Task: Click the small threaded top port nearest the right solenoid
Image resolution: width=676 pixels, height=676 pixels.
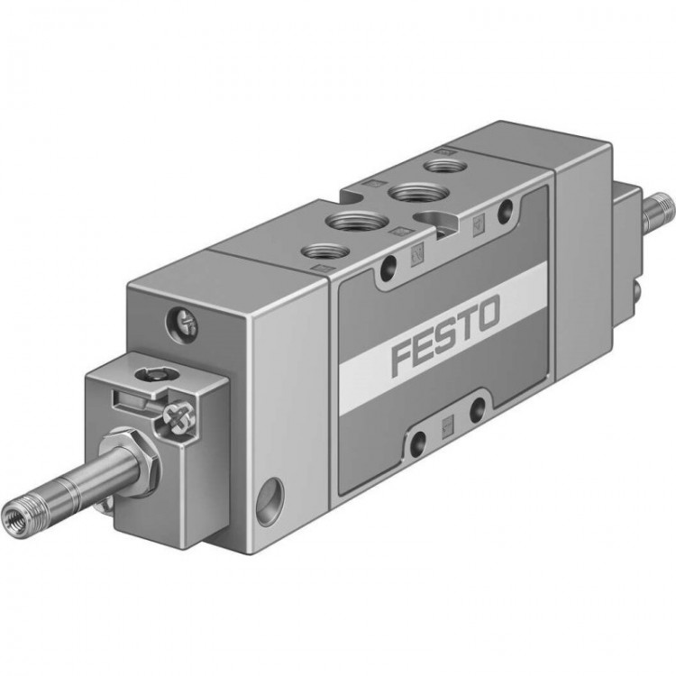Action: [x=441, y=165]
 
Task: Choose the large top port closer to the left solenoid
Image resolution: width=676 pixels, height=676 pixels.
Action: [x=353, y=222]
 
